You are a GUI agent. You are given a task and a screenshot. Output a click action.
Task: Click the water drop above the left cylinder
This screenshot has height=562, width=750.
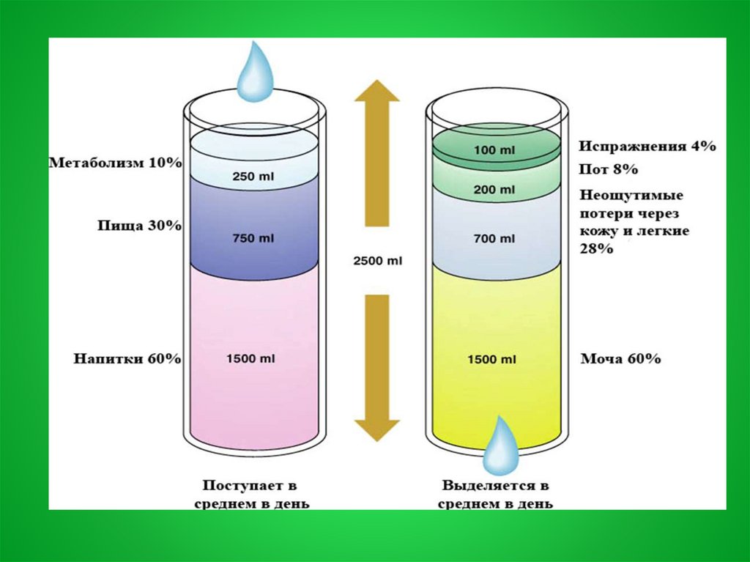pos(256,73)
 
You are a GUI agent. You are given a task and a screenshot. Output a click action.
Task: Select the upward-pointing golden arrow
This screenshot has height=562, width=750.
pos(376,154)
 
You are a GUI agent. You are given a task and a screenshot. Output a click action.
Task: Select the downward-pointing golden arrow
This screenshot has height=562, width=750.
pos(376,366)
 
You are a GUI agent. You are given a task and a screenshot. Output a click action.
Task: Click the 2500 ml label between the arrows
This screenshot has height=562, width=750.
pos(377,261)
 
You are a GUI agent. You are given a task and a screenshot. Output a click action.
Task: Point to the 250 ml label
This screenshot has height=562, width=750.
pos(253,177)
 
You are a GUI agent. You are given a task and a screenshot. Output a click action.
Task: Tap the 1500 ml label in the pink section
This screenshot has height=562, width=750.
pos(253,359)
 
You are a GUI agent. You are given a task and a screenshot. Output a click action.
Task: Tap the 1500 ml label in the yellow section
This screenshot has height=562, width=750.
pos(496,359)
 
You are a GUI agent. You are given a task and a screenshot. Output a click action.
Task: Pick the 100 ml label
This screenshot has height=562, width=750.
pos(496,149)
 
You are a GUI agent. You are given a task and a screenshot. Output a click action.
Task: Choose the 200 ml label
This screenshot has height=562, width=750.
pos(496,190)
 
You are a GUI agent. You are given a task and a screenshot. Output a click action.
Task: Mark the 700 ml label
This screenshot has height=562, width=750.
pos(496,238)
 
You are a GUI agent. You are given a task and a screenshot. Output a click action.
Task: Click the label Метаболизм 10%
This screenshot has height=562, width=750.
pos(115,163)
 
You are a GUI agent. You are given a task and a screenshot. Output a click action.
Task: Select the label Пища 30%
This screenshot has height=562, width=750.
pos(139,226)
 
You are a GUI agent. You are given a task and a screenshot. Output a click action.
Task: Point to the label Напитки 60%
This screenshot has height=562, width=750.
pos(127,359)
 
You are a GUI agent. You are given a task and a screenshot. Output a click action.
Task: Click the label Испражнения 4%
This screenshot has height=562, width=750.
pos(647,147)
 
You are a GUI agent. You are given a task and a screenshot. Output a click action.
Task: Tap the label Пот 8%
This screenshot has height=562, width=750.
pos(608,170)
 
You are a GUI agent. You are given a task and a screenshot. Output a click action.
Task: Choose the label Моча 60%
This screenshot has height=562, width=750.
pos(620,359)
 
